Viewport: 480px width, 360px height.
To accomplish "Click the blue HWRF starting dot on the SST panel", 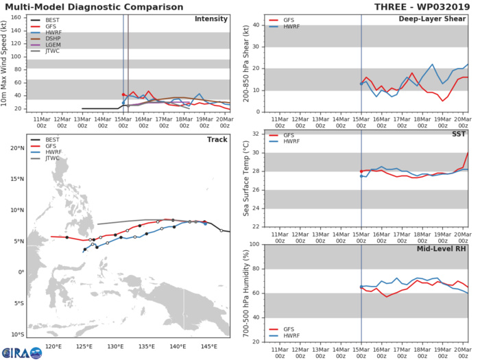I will pyautogui.click(x=361, y=176).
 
